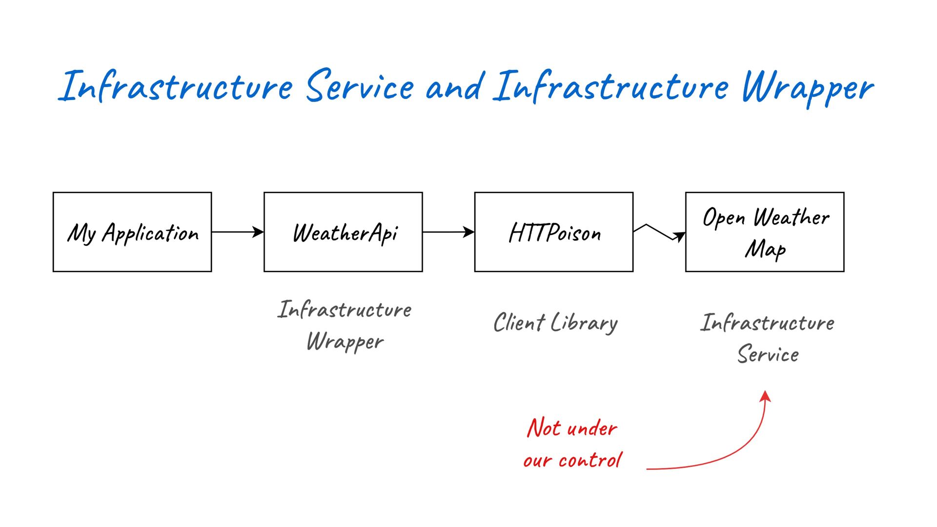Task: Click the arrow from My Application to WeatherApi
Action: (x=238, y=232)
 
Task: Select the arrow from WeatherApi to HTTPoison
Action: (x=448, y=232)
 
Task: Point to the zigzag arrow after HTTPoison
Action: (x=660, y=232)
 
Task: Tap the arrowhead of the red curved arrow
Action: (x=766, y=395)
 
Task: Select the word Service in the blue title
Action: (x=360, y=86)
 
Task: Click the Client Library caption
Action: (x=555, y=323)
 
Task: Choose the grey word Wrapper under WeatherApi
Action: (x=345, y=342)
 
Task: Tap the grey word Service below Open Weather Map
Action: (x=768, y=354)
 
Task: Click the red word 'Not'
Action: (x=544, y=428)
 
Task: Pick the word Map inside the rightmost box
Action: (x=765, y=249)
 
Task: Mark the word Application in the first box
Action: (x=150, y=233)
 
